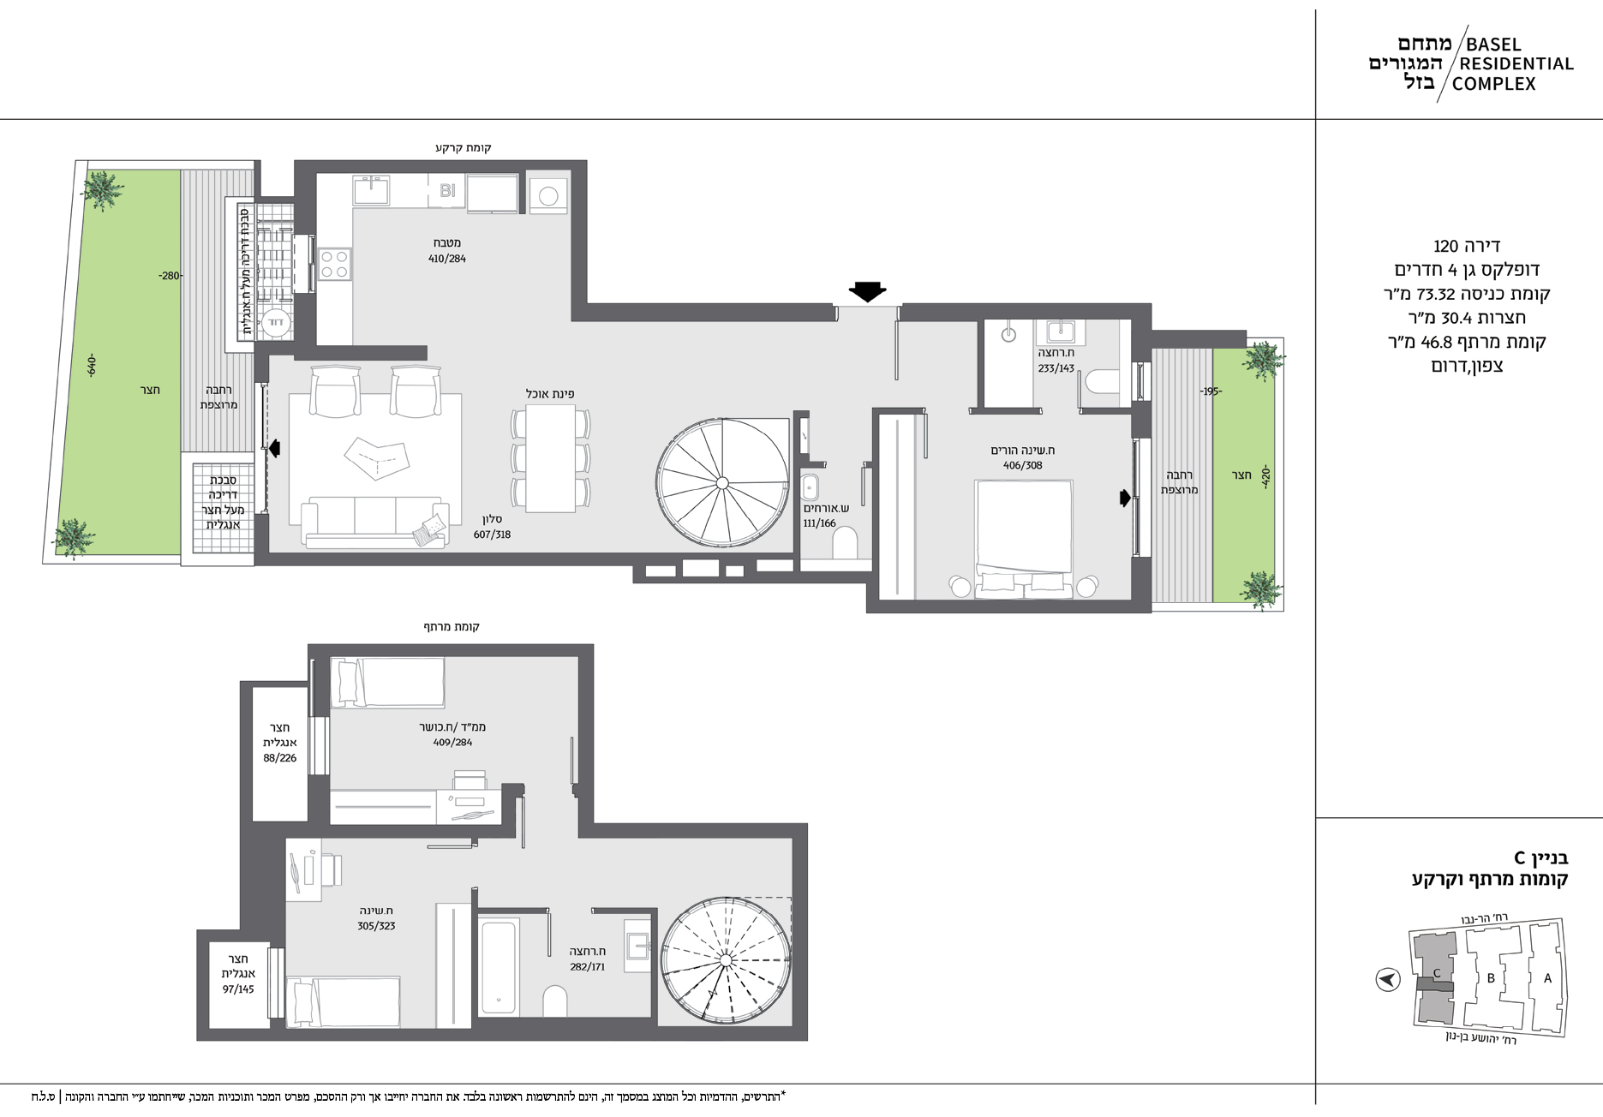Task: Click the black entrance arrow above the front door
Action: (x=867, y=292)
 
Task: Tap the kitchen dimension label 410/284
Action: (x=447, y=259)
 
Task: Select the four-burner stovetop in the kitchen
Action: (x=334, y=264)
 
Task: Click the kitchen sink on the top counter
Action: (x=372, y=189)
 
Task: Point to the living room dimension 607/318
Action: (x=492, y=535)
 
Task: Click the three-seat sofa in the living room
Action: (x=375, y=523)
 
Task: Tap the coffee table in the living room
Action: (x=375, y=457)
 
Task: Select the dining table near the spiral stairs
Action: (x=550, y=457)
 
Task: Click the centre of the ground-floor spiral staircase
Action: (x=722, y=483)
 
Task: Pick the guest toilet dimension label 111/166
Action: (x=819, y=523)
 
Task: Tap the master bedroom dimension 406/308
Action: (x=1023, y=466)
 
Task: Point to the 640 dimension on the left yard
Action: (x=92, y=366)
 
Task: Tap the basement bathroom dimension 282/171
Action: (x=588, y=967)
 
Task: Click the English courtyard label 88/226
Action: (x=280, y=758)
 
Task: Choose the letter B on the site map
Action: (x=1491, y=978)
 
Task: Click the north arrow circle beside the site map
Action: (x=1388, y=978)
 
